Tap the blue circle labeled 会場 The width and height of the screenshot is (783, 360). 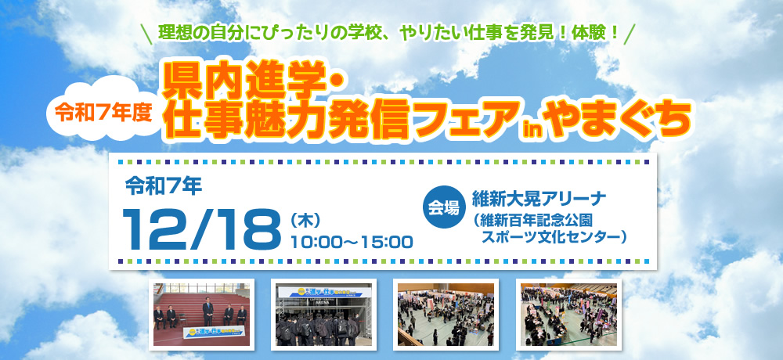coord(443,207)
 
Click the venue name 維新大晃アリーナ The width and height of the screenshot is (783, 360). coord(534,196)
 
